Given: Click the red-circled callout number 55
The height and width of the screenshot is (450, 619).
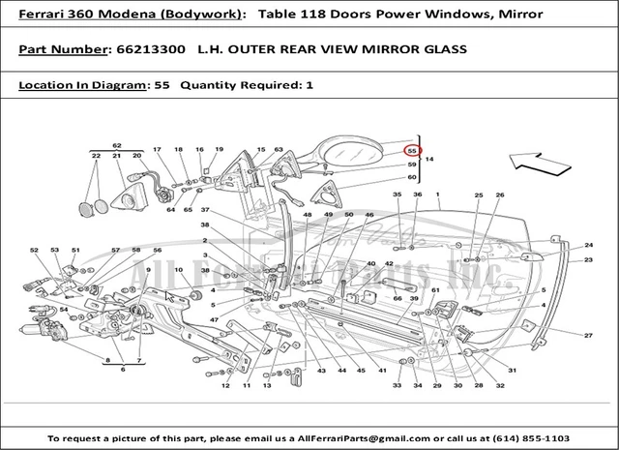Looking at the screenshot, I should point(411,151).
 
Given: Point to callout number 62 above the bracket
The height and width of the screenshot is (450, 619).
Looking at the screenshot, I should point(116,144).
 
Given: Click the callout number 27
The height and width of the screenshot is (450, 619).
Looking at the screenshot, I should point(587,335).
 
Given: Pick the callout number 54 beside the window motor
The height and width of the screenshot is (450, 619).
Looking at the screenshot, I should point(64,310).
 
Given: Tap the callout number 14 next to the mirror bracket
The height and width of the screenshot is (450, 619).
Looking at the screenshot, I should point(429,158).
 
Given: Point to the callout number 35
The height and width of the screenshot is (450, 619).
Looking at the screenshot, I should point(397,195).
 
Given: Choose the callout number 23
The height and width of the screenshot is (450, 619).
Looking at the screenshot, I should point(587,259).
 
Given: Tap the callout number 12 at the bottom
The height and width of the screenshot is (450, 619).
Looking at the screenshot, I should point(224,386).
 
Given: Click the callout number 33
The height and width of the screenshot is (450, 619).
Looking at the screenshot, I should point(397,386).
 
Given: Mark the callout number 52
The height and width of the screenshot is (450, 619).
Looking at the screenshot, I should point(34,250).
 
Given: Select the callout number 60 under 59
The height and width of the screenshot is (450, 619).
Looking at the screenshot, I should point(411,177).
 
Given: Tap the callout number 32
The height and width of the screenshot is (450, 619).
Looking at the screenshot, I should point(500,386).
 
